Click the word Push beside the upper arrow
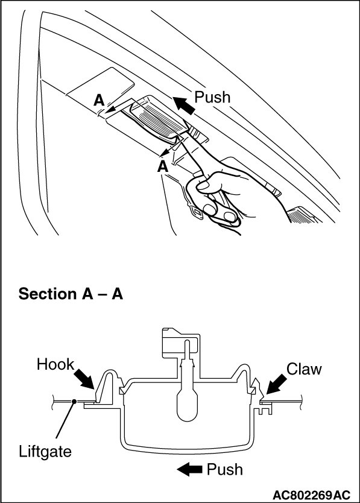coord(212,97)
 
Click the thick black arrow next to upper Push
coord(184,106)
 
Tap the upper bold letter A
coord(99,100)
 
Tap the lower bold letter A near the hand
coord(163,167)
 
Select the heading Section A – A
coord(71,294)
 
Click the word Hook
coord(55,364)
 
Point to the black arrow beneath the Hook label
coord(84,379)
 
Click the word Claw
coord(303,369)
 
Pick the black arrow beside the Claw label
coord(276,384)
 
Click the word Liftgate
coord(45,451)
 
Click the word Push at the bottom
coord(224,469)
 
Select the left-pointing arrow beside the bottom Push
coord(189,470)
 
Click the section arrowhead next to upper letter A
coord(110,110)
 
